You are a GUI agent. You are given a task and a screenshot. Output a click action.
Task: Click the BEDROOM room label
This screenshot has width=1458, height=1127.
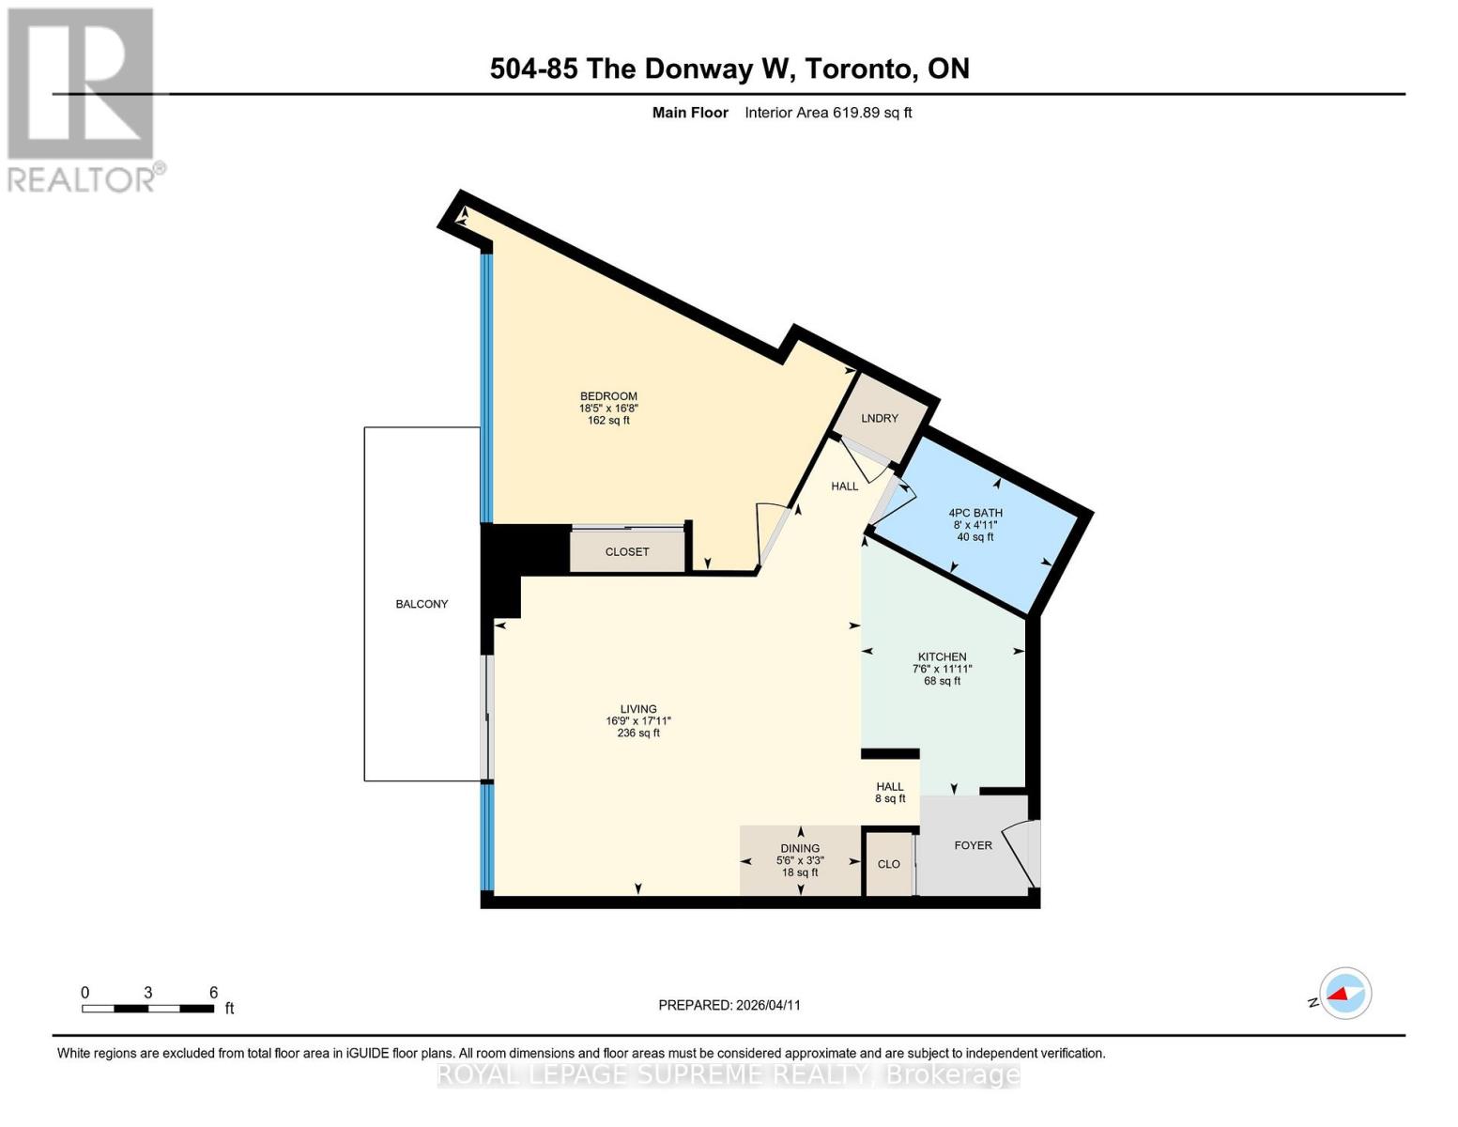[608, 396]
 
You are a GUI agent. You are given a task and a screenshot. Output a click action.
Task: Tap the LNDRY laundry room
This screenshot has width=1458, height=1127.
[880, 418]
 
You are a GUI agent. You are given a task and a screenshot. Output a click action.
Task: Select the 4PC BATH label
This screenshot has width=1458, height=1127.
[975, 513]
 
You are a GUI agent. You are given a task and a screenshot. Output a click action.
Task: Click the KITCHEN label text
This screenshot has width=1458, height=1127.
[942, 657]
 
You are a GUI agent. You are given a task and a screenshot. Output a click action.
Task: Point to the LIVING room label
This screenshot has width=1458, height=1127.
[638, 709]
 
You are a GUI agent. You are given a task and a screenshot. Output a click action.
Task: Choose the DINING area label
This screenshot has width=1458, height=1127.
[800, 848]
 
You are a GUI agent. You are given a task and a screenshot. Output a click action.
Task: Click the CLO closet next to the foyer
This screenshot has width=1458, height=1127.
[888, 864]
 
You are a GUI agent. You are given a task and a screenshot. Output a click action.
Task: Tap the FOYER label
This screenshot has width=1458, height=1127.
[973, 845]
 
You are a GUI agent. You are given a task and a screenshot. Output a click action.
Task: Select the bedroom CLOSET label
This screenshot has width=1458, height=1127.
[627, 552]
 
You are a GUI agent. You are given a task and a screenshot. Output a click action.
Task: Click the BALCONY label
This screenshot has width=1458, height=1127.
[422, 604]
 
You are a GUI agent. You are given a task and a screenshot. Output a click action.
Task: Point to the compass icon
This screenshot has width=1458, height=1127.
[1344, 993]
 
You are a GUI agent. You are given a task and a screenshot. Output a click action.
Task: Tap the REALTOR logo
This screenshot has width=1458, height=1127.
[83, 100]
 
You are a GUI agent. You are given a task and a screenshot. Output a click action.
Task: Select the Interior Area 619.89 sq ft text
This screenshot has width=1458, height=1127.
[828, 113]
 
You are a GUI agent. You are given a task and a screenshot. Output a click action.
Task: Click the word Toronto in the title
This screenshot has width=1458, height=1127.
[861, 69]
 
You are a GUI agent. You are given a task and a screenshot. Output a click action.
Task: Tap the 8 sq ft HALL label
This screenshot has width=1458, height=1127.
[890, 793]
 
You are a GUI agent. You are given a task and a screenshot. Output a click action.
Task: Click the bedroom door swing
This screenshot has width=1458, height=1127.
[772, 533]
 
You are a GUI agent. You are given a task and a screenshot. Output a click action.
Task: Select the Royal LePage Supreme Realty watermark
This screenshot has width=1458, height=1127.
[729, 1074]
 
